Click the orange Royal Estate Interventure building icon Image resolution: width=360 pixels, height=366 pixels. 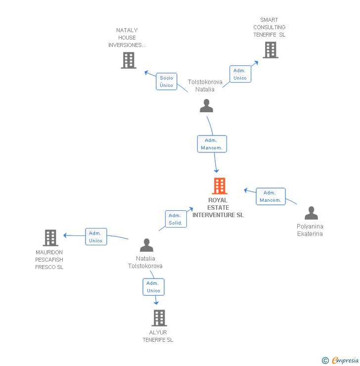(220, 186)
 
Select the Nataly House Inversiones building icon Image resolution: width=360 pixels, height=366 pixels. (129, 60)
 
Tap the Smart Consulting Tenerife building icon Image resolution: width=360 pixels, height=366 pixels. (270, 50)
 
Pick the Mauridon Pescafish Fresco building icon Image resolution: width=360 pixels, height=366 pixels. (50, 238)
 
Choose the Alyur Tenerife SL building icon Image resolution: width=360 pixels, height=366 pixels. (159, 318)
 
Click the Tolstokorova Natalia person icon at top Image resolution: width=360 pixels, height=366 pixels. (206, 106)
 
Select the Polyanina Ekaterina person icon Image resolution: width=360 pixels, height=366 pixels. (311, 213)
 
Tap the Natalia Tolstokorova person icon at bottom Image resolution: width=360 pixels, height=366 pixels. (146, 245)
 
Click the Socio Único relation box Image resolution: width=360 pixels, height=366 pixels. (167, 82)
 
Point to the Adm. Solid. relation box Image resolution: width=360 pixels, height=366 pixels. (175, 219)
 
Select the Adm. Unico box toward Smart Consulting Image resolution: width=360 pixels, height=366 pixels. (240, 74)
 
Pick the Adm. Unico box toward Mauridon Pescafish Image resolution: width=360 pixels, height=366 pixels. (96, 237)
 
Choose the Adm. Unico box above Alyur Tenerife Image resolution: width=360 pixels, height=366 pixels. (153, 287)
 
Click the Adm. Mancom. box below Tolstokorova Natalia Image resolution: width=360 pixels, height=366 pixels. (212, 144)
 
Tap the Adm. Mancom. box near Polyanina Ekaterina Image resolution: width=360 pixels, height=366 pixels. (270, 196)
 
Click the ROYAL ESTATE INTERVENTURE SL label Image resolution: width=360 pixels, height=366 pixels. (218, 208)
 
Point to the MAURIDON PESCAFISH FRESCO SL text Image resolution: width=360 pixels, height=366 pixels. (49, 260)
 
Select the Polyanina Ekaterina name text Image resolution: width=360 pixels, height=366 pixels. (310, 230)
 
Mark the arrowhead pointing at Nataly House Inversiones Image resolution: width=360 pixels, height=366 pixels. (146, 73)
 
